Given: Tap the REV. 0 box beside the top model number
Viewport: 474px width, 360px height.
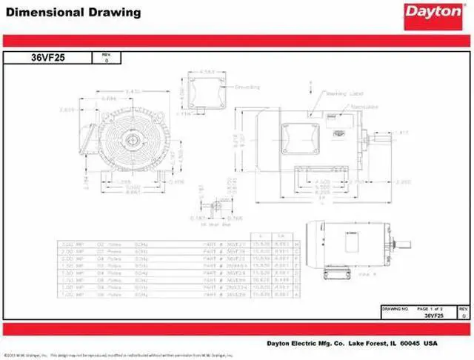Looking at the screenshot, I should (x=104, y=58).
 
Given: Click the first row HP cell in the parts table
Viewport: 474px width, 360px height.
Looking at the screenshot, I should (x=68, y=244).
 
